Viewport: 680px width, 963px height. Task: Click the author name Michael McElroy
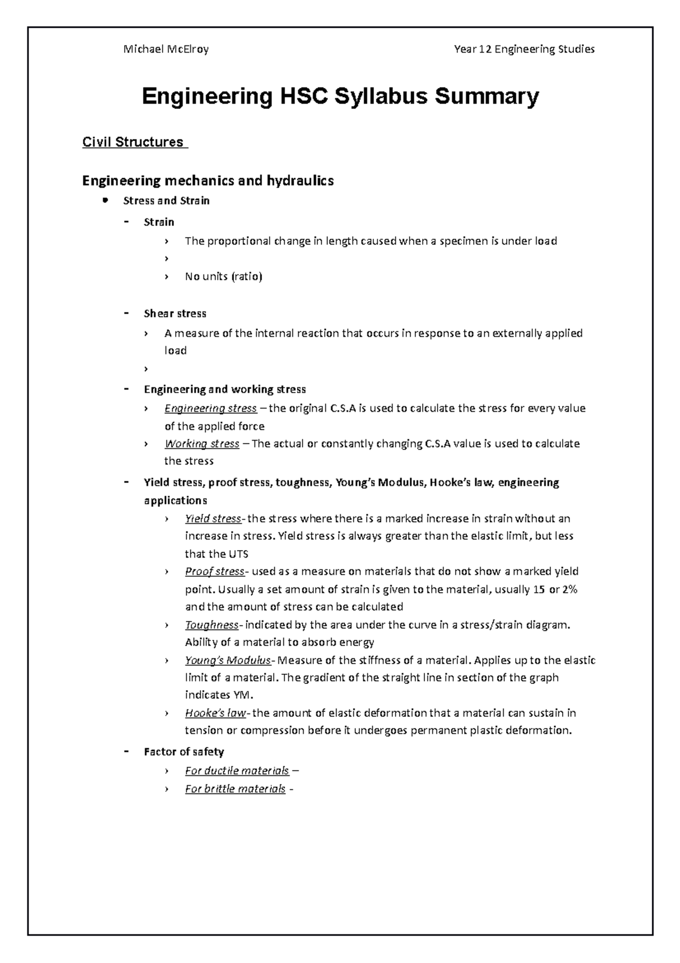pos(166,49)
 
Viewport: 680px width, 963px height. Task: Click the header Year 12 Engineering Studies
pos(524,49)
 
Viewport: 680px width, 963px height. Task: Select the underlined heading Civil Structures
pos(133,142)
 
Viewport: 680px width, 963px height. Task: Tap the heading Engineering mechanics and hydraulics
pos(208,181)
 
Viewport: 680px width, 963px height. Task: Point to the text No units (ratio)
pos(223,277)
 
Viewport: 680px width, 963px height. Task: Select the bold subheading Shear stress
pos(175,314)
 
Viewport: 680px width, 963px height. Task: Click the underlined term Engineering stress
pos(210,408)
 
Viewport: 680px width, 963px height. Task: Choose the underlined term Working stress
pos(202,444)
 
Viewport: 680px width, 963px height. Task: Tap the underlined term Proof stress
pos(214,571)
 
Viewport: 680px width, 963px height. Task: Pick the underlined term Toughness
pos(211,625)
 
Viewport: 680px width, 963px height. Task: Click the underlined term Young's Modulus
pos(228,660)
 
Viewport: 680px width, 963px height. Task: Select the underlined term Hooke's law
pos(215,713)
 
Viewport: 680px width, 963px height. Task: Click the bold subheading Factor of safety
pos(184,752)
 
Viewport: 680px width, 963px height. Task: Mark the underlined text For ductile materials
pos(237,771)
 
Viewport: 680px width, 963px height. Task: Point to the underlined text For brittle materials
pos(235,789)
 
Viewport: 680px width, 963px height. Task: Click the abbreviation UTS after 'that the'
pos(238,554)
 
